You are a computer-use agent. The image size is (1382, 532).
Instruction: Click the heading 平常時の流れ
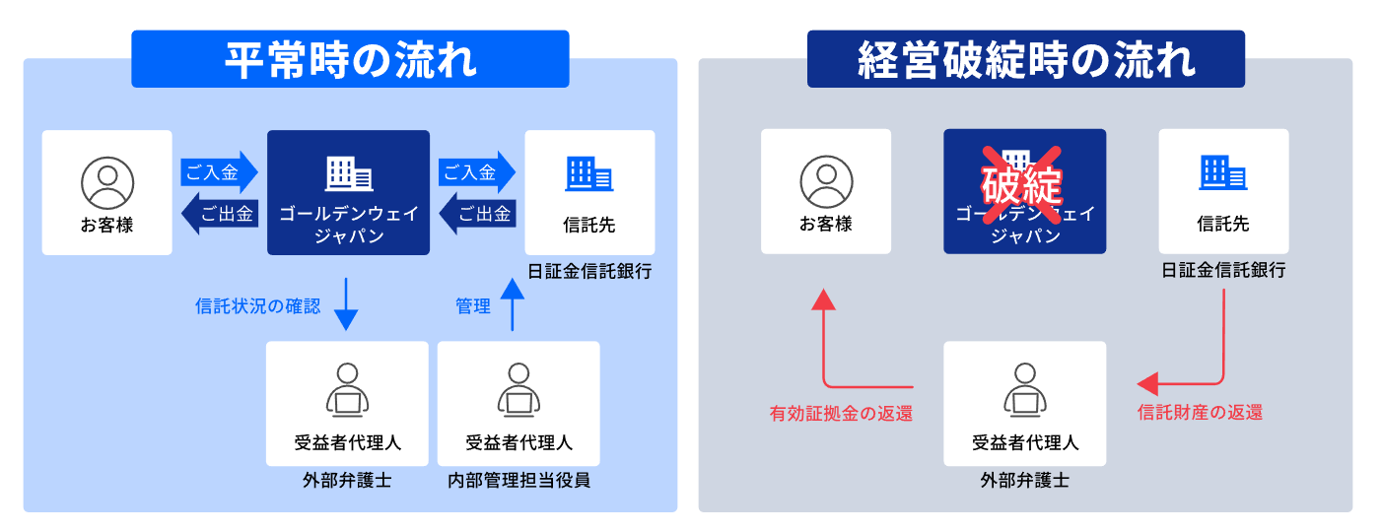tap(350, 59)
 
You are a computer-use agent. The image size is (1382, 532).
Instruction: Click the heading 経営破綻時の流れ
tap(1025, 59)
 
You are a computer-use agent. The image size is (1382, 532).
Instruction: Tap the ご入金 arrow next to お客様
tap(218, 172)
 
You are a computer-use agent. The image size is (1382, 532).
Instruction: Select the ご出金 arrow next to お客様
tap(220, 213)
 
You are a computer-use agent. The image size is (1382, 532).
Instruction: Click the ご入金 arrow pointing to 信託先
tap(477, 172)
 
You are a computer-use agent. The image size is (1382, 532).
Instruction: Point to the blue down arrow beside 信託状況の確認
tap(346, 304)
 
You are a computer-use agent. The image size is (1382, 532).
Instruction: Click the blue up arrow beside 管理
tap(511, 304)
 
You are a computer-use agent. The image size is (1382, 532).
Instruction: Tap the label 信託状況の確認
tap(257, 306)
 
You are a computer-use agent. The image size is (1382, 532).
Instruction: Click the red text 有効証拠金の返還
tap(841, 414)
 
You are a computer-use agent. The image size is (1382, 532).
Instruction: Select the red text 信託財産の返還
tap(1200, 413)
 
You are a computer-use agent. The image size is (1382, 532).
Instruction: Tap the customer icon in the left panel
tap(106, 181)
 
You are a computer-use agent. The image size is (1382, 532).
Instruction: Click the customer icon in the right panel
tap(825, 181)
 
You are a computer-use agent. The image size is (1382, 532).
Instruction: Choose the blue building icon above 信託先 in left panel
tap(588, 174)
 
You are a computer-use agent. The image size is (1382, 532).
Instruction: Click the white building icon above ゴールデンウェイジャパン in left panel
tap(348, 174)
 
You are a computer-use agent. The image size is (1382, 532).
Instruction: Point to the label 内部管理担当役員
tap(518, 481)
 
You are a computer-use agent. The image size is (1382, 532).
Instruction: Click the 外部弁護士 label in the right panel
tap(1024, 481)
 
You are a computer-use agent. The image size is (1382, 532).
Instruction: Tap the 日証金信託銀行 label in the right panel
tap(1222, 270)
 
